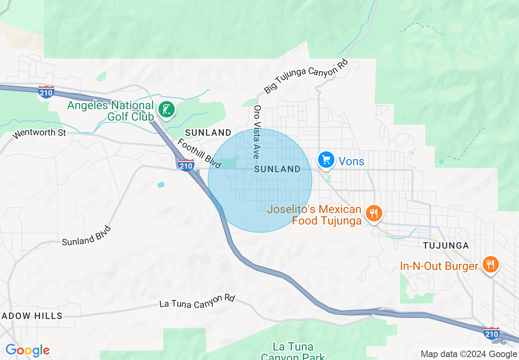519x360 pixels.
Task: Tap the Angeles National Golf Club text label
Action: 111,111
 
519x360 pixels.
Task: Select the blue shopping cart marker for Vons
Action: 326,160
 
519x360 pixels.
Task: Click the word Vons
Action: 352,161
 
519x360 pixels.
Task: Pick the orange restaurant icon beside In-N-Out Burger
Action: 490,264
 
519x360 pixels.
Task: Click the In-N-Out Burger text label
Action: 439,266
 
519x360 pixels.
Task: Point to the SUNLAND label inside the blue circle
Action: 278,169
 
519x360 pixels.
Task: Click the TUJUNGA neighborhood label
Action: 445,245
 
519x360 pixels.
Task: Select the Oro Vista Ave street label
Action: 257,132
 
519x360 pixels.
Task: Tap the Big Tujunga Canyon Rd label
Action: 306,76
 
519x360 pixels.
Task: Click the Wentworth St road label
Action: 39,133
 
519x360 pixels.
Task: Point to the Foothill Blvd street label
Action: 199,153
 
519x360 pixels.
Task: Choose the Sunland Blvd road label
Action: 86,236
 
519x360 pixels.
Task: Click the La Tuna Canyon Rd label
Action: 197,301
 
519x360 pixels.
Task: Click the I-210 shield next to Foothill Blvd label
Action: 186,164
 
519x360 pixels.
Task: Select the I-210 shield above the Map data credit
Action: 491,333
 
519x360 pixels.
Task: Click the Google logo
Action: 27,351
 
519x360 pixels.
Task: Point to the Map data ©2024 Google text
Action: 469,354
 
